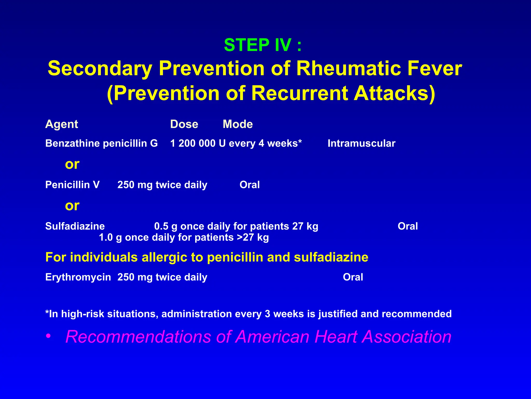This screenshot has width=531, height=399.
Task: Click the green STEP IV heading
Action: tap(263, 45)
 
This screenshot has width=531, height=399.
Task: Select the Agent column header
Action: tap(62, 124)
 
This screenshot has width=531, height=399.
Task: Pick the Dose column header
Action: tap(184, 124)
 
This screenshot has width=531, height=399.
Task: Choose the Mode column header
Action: tap(238, 124)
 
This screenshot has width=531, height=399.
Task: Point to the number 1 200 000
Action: tap(193, 143)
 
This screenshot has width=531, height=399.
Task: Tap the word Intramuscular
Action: tap(361, 143)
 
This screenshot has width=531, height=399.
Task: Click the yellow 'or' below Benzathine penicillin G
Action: tap(72, 164)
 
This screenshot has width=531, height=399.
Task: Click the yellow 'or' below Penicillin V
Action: tap(72, 206)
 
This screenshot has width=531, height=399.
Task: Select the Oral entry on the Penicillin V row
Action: tap(249, 185)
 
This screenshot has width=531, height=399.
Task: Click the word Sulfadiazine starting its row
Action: tap(75, 226)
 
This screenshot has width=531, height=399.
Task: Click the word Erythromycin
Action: tap(78, 277)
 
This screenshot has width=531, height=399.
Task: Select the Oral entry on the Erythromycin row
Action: tap(353, 277)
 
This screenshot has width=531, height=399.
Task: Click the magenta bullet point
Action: tap(48, 337)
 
